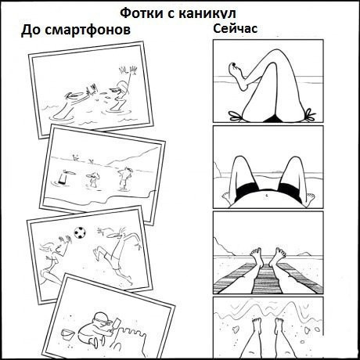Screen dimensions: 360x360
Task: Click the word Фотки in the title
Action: point(142,13)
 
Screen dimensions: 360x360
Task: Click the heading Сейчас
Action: point(236,28)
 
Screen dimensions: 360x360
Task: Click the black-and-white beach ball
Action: point(80,232)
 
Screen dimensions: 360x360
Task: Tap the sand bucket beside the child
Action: point(67,334)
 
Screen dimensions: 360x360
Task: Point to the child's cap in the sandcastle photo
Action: point(103,317)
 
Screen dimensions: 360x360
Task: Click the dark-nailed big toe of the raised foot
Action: point(232,66)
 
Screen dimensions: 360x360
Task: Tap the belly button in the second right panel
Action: point(266,195)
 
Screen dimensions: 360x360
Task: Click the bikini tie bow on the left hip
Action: point(235,116)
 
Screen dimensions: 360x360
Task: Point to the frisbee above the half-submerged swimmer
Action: point(70,171)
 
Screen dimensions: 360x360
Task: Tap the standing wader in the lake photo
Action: point(124,178)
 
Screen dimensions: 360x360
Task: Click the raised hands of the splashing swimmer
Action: point(128,70)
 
